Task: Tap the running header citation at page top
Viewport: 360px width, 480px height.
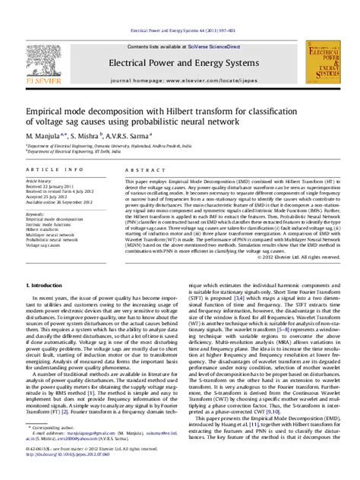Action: point(180,31)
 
